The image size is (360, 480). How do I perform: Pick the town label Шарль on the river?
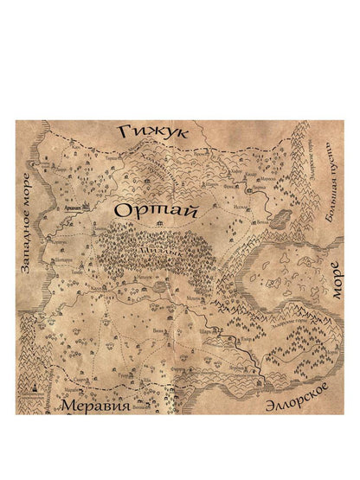(x=206, y=330)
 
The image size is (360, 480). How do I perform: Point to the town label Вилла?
(x=159, y=330)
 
